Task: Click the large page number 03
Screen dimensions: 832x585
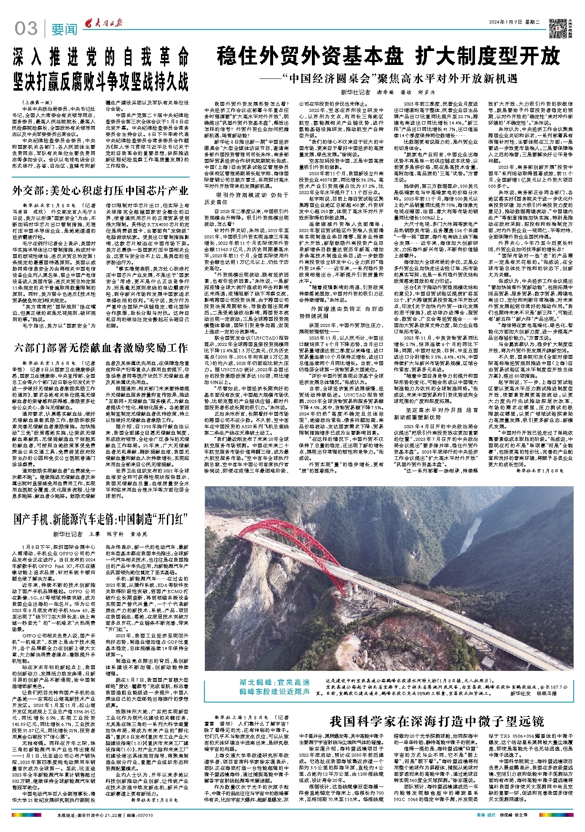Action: [x=26, y=29]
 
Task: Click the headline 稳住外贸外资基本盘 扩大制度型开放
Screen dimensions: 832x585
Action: [x=388, y=57]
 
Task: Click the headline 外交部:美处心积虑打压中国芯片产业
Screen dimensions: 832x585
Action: [x=100, y=191]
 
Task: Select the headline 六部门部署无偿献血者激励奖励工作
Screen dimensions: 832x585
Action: [x=100, y=348]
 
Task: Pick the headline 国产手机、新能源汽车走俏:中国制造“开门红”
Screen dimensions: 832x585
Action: [x=100, y=519]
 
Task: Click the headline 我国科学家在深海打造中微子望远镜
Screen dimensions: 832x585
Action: [x=437, y=721]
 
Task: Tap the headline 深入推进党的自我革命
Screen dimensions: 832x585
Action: [x=100, y=57]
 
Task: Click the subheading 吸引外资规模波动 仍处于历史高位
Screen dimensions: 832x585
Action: [x=252, y=198]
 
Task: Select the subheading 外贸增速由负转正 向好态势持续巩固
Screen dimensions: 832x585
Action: [x=346, y=312]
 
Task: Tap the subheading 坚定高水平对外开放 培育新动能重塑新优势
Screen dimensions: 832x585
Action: [x=436, y=413]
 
